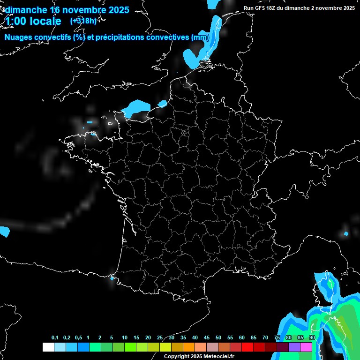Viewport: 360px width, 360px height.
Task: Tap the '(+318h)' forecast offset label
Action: point(83,21)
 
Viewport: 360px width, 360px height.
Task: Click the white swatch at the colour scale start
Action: point(48,347)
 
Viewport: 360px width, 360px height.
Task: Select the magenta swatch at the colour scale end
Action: point(306,347)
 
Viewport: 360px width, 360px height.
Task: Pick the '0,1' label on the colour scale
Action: point(55,338)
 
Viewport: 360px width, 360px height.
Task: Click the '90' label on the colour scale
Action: point(312,338)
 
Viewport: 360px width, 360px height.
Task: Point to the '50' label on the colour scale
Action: point(218,338)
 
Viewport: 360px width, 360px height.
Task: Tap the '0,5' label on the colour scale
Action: point(78,338)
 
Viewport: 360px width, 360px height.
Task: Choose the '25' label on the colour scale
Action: point(160,338)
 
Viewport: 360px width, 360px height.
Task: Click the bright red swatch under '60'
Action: point(247,347)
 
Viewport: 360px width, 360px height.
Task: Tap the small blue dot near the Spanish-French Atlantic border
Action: point(112,278)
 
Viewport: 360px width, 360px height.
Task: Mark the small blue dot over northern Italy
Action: point(346,233)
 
